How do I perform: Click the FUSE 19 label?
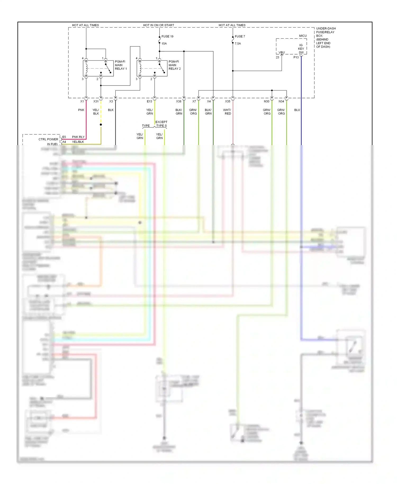click(167, 37)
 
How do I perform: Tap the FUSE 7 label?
click(240, 37)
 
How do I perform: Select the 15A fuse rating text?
click(164, 43)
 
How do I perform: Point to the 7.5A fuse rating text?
click(238, 43)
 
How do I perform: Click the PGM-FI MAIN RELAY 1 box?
click(98, 68)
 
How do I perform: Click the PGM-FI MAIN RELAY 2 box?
click(152, 68)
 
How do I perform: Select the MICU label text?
click(303, 36)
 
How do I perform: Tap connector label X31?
click(96, 101)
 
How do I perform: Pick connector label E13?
click(150, 101)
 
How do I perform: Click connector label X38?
click(179, 101)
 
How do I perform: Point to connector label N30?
click(267, 101)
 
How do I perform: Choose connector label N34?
click(281, 101)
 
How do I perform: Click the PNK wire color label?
click(81, 110)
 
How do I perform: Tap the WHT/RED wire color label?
click(227, 112)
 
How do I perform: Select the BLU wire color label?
click(297, 110)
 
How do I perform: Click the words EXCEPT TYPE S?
click(161, 124)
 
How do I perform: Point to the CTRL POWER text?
click(48, 139)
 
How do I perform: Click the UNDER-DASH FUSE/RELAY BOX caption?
click(326, 37)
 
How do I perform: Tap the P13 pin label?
click(296, 57)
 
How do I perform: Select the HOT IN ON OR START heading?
click(159, 25)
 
